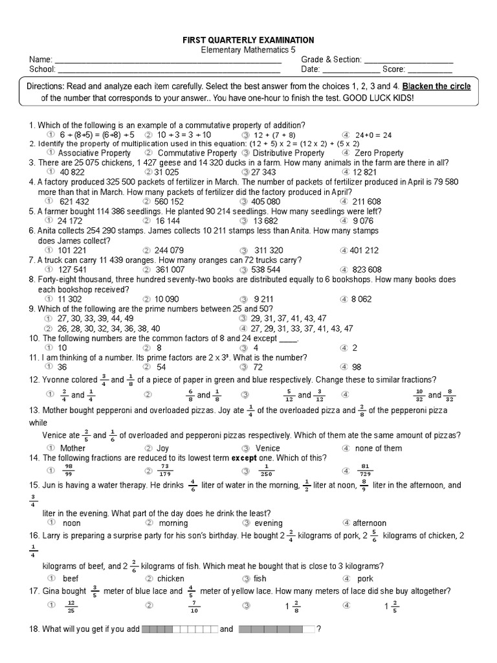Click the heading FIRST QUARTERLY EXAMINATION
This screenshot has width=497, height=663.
pyautogui.click(x=249, y=40)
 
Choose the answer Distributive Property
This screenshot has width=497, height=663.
pyautogui.click(x=287, y=153)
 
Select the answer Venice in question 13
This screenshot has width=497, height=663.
pyautogui.click(x=268, y=448)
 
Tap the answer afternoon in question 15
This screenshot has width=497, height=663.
pyautogui.click(x=370, y=523)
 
